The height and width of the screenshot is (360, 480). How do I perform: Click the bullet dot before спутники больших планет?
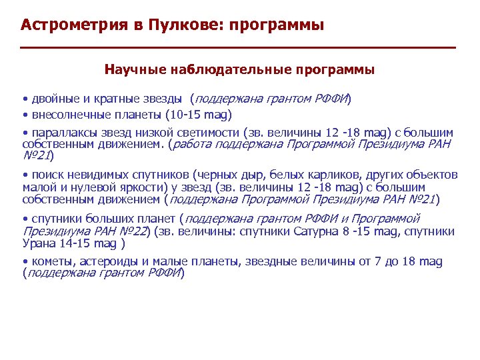point(25,219)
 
